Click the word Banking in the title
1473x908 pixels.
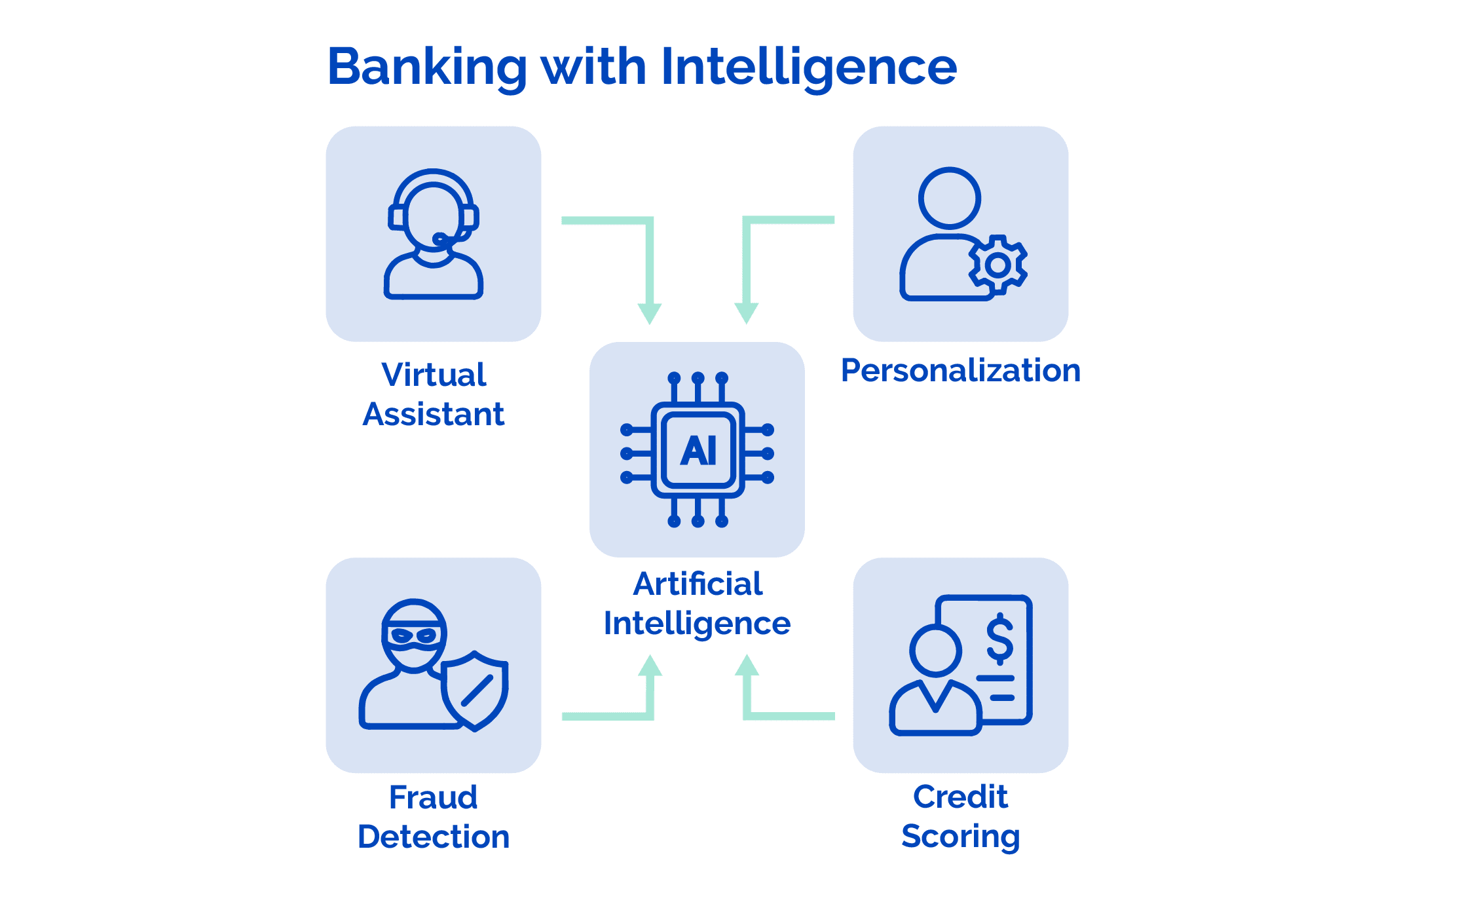coord(427,67)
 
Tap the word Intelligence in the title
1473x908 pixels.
coord(808,67)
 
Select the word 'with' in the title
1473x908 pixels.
coord(593,67)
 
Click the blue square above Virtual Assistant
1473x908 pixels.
coord(434,234)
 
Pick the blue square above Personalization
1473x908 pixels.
coord(960,234)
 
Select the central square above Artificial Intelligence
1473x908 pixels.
coord(697,449)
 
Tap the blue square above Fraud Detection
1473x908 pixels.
coord(434,665)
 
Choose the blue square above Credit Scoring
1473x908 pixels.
coord(960,665)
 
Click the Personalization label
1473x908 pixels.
coord(960,371)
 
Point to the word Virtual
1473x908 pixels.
coord(434,375)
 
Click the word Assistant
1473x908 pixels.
coord(434,414)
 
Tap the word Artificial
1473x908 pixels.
coord(698,584)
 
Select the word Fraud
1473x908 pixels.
coord(434,797)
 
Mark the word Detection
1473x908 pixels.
coord(434,837)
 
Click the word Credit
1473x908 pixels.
coord(960,797)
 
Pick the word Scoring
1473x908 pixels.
coord(960,837)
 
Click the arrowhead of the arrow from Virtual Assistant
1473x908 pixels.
coord(650,313)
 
